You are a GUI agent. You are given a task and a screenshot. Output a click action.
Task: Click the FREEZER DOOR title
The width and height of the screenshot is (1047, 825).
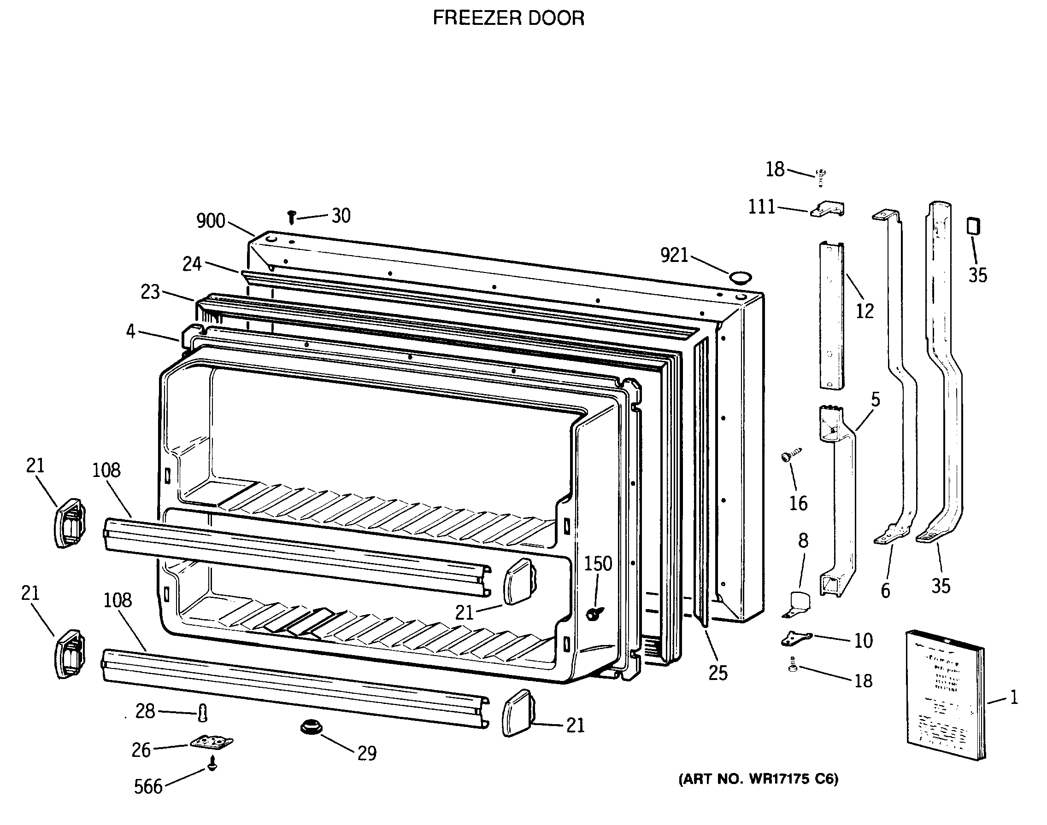click(x=508, y=18)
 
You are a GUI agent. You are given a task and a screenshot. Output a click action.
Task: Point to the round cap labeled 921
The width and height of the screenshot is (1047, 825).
click(x=741, y=277)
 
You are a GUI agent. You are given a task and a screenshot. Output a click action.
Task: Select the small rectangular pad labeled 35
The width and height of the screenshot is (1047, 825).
click(x=973, y=226)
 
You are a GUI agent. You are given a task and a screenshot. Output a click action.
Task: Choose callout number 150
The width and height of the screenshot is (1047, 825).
click(x=598, y=563)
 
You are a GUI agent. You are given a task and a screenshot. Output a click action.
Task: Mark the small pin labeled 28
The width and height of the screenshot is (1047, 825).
click(x=203, y=713)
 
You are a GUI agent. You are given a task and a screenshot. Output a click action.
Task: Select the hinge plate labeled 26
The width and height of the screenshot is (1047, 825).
click(x=211, y=742)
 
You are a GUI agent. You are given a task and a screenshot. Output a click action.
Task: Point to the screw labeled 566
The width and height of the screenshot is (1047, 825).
click(x=212, y=766)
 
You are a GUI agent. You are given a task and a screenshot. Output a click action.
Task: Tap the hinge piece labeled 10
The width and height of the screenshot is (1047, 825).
click(x=796, y=639)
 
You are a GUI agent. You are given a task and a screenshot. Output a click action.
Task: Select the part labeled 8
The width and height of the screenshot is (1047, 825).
click(x=798, y=605)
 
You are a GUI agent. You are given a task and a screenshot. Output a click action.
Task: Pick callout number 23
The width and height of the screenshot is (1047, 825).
click(x=150, y=292)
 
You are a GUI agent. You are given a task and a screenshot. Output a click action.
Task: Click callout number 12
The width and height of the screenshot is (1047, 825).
click(x=865, y=311)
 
